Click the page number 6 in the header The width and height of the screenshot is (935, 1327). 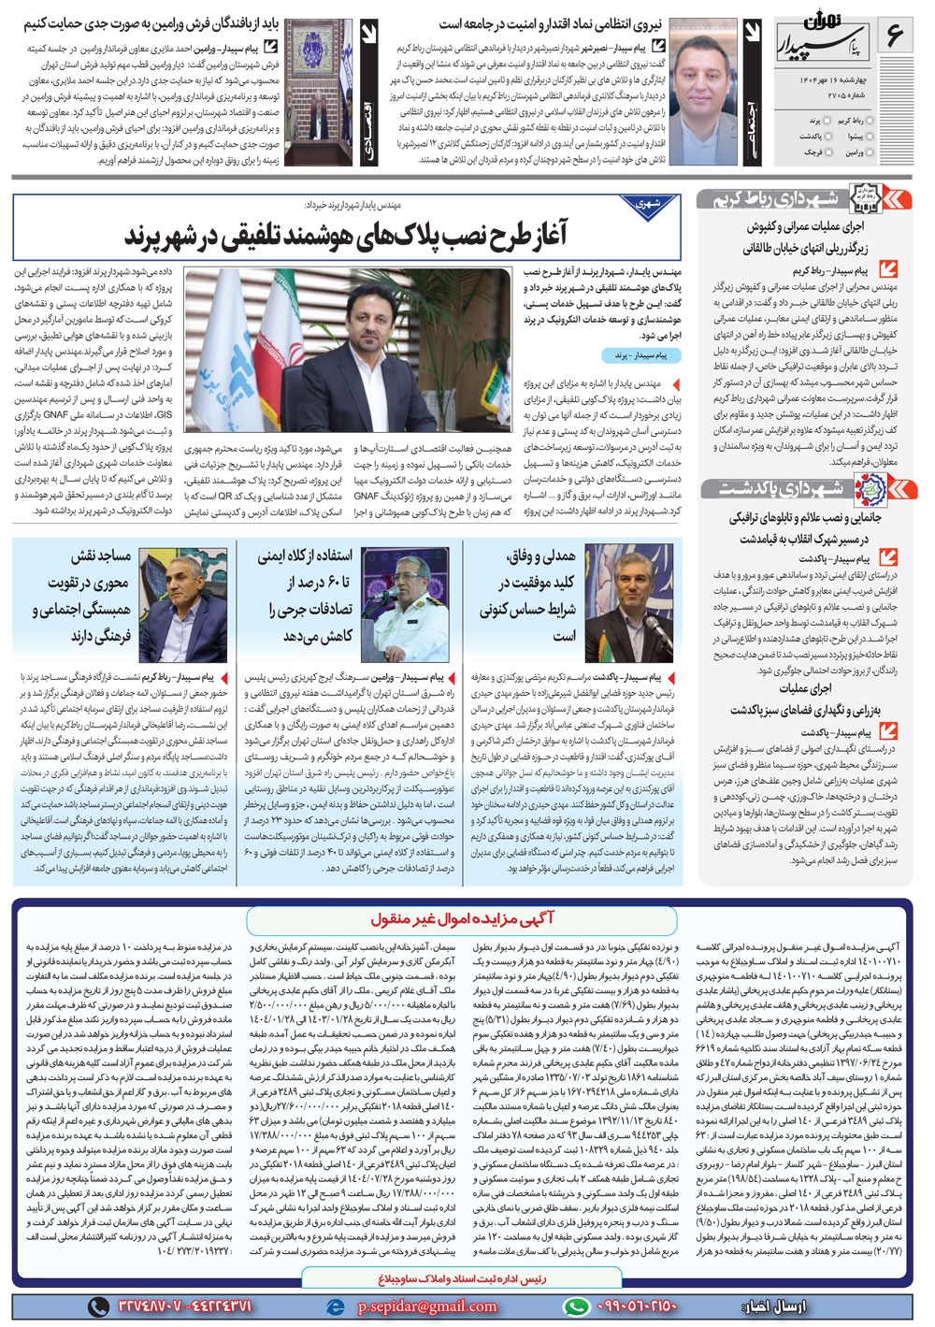(893, 37)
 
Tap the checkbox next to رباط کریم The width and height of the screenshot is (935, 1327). (870, 121)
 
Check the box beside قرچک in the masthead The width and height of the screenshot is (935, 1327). (827, 151)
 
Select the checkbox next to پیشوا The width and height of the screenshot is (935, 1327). (870, 137)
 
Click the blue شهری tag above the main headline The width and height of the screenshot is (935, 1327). (648, 203)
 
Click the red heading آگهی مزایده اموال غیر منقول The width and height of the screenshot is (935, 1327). (462, 919)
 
